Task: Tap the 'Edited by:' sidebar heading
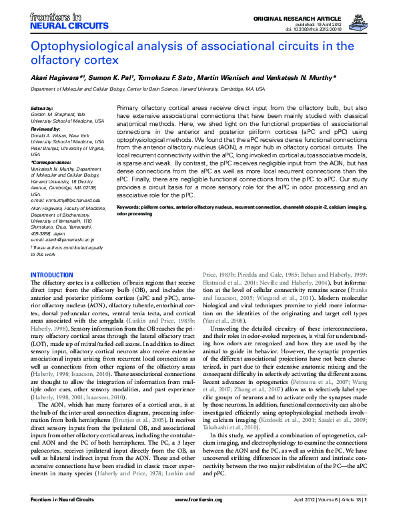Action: (42, 108)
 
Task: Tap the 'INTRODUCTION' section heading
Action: (52, 275)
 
